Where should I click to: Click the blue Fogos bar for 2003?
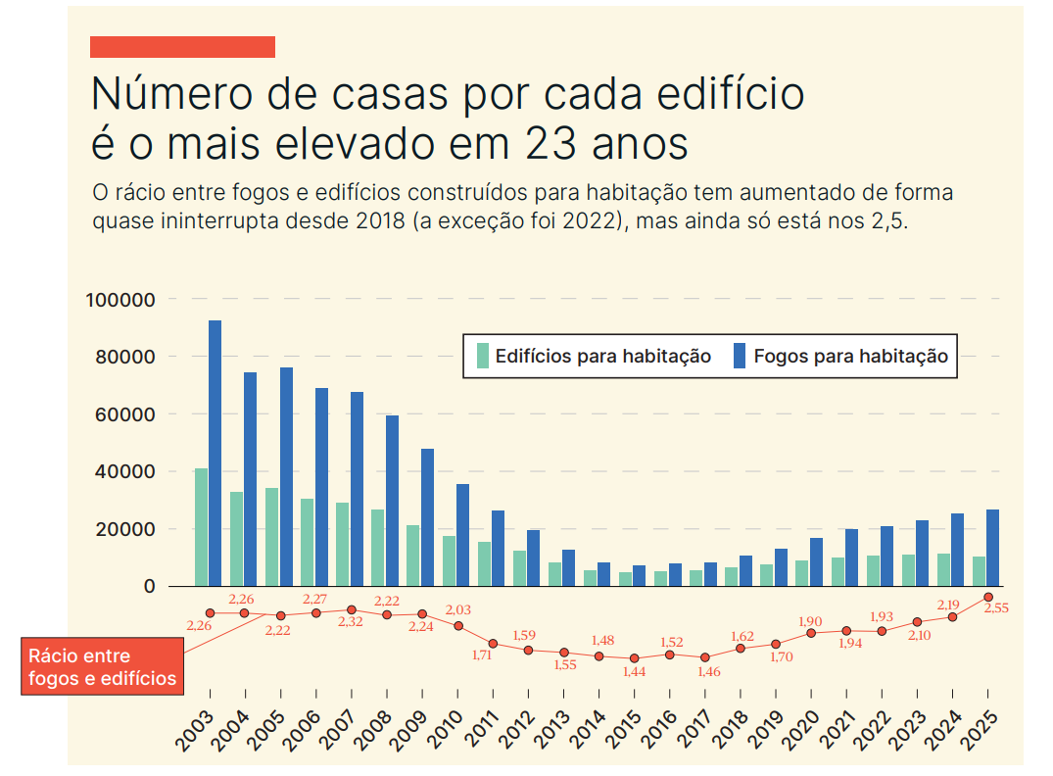(215, 453)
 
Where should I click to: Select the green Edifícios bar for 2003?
(201, 527)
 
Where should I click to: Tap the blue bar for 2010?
(462, 535)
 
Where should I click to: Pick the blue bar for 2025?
(992, 548)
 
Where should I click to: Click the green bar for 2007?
(342, 544)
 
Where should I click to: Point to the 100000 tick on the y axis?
(120, 299)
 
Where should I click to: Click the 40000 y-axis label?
(124, 471)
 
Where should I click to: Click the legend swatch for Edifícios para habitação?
(482, 356)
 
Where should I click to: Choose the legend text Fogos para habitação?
(850, 357)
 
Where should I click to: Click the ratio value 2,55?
(996, 608)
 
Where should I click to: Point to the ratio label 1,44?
(635, 672)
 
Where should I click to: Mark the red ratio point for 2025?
(988, 597)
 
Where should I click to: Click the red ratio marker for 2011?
(494, 644)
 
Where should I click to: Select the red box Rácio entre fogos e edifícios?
(102, 667)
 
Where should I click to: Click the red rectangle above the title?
(182, 47)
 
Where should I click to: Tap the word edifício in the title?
(705, 94)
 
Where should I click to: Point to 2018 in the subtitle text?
(372, 220)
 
